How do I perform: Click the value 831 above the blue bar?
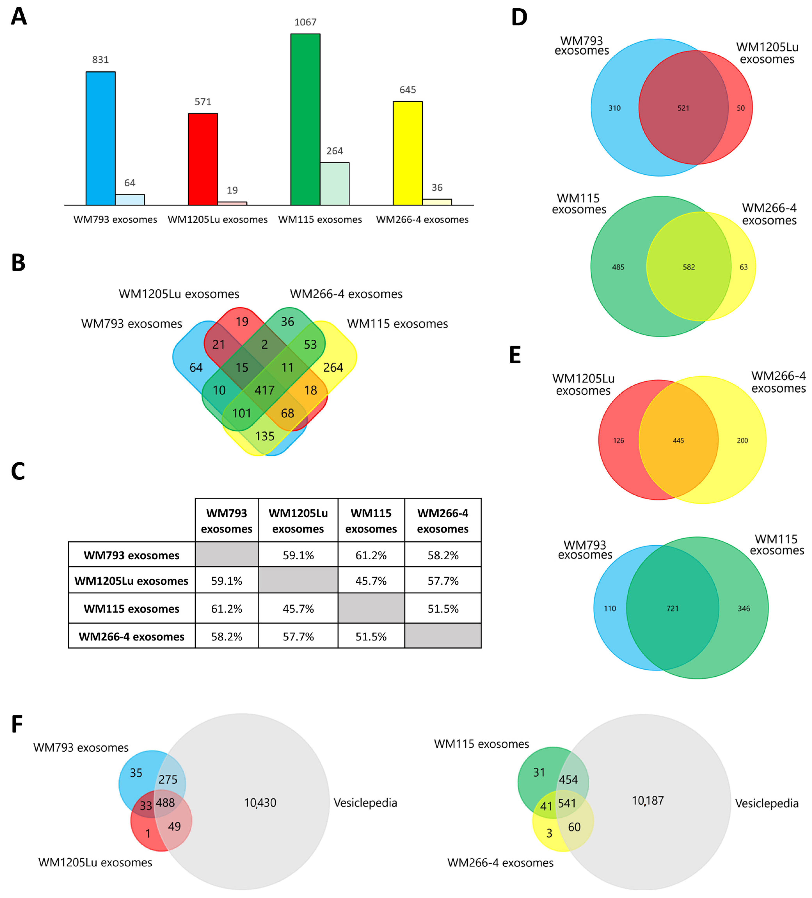pos(100,60)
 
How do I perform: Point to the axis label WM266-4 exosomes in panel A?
pos(422,220)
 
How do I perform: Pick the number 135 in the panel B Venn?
pos(265,436)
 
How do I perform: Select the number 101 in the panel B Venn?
pos(242,413)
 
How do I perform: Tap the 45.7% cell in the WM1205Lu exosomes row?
pos(371,581)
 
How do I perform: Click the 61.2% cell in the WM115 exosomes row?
pos(226,609)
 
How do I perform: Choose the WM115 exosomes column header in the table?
pos(371,521)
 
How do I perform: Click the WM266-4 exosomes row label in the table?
pos(131,636)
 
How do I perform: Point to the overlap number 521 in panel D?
pos(683,108)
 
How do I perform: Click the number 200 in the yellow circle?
pos(742,441)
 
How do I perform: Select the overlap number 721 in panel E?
pos(672,609)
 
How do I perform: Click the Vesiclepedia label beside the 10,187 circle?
pos(767,804)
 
